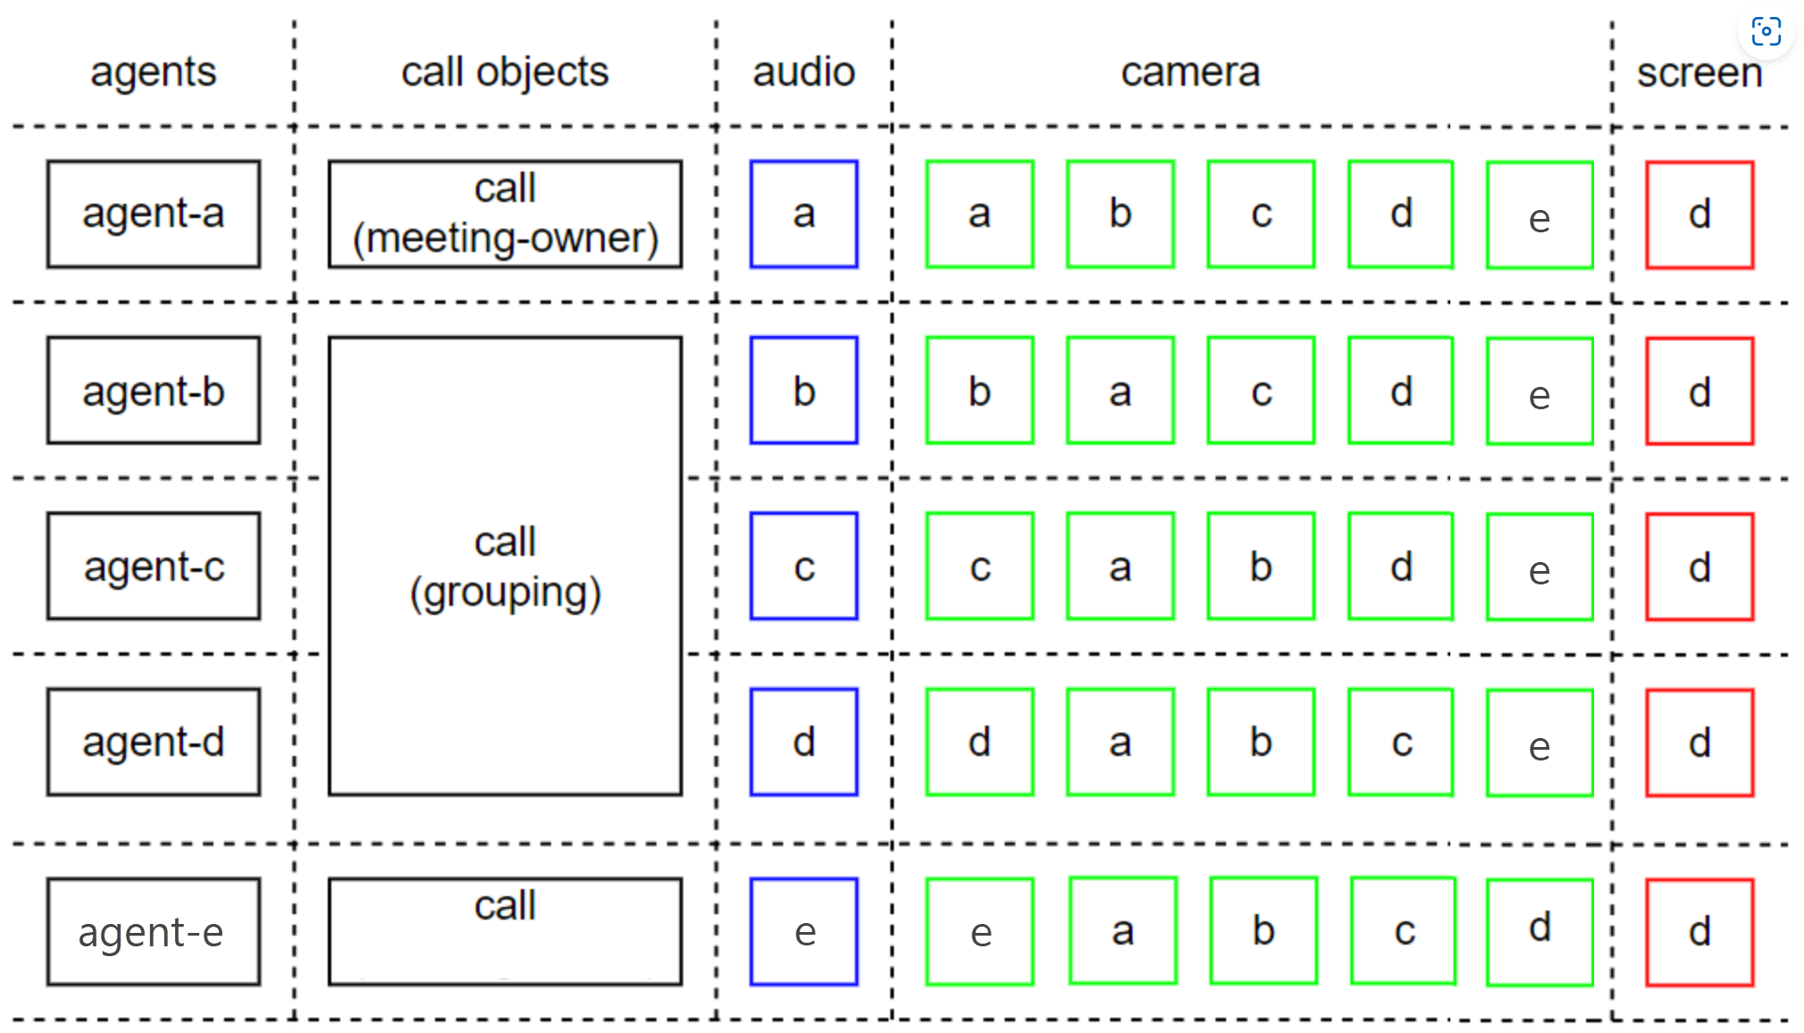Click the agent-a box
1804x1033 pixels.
click(x=154, y=214)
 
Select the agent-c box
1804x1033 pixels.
click(x=154, y=567)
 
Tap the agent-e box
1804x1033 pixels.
click(x=154, y=932)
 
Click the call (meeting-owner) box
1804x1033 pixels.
click(x=505, y=214)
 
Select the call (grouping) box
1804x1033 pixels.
click(x=505, y=567)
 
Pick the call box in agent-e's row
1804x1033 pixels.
click(x=505, y=932)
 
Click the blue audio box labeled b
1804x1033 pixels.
click(x=804, y=391)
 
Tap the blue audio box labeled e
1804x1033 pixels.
click(x=804, y=932)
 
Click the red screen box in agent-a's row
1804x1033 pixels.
click(x=1700, y=215)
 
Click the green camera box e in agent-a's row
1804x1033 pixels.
click(x=1540, y=215)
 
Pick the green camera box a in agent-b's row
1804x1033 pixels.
click(x=1120, y=391)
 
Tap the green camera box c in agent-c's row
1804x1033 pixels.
click(x=980, y=567)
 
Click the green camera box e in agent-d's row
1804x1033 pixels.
click(x=1540, y=743)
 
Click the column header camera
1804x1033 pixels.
click(x=1190, y=71)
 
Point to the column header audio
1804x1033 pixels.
click(x=804, y=71)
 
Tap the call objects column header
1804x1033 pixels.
click(x=505, y=71)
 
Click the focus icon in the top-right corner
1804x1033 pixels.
click(x=1766, y=31)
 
